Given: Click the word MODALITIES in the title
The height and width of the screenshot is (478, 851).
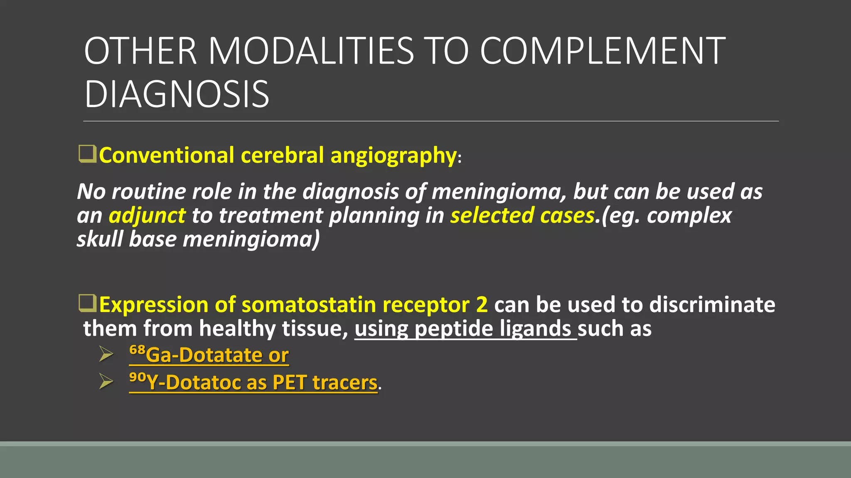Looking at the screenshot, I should [311, 51].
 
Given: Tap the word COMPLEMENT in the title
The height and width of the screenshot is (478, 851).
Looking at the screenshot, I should [603, 51].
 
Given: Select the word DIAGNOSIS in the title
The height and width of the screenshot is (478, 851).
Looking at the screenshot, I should [177, 95].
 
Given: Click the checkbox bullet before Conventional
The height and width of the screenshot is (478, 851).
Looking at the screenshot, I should [87, 154].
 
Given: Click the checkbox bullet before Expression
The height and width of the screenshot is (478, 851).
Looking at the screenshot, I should [87, 303].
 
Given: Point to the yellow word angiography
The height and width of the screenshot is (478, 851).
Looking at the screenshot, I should [394, 156].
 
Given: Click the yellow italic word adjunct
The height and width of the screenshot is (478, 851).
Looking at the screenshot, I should [147, 216].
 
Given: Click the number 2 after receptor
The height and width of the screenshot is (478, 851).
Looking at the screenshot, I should [482, 305].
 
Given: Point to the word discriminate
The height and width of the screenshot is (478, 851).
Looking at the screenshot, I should [712, 305].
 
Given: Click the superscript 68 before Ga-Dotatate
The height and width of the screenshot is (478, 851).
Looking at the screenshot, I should [137, 350].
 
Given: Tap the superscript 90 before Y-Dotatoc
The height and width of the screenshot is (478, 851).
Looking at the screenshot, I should [138, 377].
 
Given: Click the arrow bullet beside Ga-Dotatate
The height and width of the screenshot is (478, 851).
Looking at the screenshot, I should [106, 354].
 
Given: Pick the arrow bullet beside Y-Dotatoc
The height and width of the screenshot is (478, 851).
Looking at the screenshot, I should [106, 382].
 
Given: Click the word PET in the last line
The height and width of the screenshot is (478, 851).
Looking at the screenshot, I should [289, 382].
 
